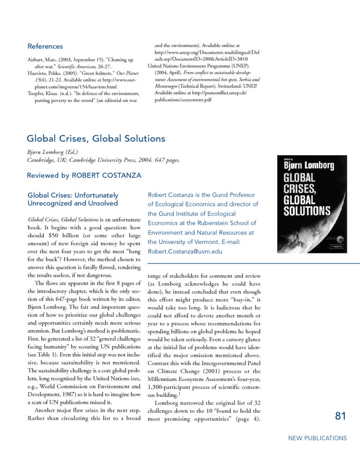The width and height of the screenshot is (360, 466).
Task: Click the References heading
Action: pos(45,46)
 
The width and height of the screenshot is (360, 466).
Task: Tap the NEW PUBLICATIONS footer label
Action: pos(317,438)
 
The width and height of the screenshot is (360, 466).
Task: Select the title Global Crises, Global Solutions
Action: pos(96,138)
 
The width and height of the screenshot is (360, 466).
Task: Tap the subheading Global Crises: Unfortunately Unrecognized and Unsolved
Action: pos(73,199)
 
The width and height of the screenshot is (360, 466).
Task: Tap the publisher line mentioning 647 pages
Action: pos(103,160)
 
